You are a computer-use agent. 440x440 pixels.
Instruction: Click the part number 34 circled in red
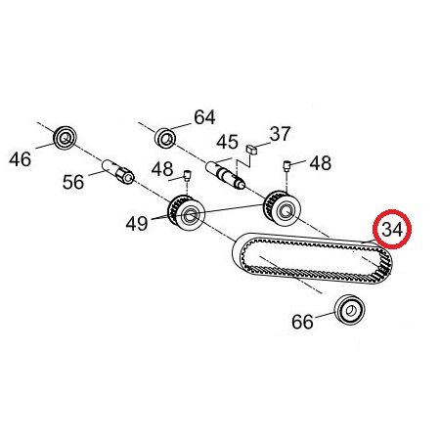(x=392, y=230)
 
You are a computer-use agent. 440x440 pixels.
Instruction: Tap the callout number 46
(x=21, y=159)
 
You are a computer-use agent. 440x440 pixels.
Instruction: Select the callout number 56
(x=73, y=182)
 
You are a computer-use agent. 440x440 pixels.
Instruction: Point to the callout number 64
(x=204, y=117)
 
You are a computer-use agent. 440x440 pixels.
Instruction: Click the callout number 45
(x=228, y=142)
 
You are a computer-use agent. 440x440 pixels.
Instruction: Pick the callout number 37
(x=280, y=134)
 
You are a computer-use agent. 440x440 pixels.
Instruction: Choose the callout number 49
(x=137, y=224)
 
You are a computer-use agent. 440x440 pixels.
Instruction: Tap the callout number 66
(x=302, y=322)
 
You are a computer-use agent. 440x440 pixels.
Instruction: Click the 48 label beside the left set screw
(x=162, y=169)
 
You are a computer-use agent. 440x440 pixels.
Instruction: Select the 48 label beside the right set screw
(x=321, y=163)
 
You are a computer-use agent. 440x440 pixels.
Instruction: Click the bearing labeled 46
(x=65, y=138)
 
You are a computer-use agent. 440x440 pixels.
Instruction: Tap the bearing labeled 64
(x=165, y=138)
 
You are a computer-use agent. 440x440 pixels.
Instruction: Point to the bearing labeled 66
(x=350, y=310)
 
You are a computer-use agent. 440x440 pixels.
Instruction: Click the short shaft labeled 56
(x=118, y=171)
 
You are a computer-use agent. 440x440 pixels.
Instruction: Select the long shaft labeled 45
(x=225, y=175)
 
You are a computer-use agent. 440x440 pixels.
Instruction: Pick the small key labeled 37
(x=252, y=150)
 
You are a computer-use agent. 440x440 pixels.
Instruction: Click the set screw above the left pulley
(x=187, y=175)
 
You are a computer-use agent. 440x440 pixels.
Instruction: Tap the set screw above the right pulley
(x=286, y=166)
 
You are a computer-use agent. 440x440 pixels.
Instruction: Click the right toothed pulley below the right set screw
(x=283, y=208)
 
